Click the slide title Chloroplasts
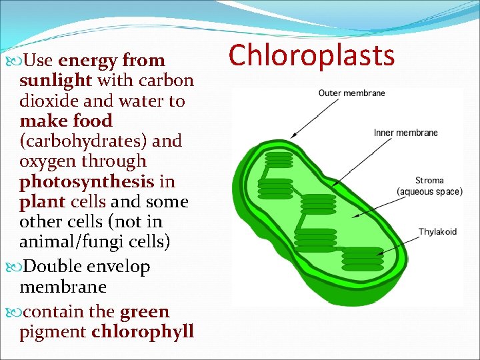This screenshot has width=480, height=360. click(x=312, y=56)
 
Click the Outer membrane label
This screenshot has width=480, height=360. click(x=351, y=93)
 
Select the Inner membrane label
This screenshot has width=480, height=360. click(x=405, y=133)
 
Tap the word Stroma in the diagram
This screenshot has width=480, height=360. click(x=429, y=181)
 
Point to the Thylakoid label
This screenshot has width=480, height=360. click(x=437, y=231)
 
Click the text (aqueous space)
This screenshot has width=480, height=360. click(x=429, y=192)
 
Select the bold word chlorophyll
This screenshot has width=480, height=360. click(x=143, y=331)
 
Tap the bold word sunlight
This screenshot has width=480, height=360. click(x=56, y=81)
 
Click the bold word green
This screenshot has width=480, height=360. click(x=145, y=311)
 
